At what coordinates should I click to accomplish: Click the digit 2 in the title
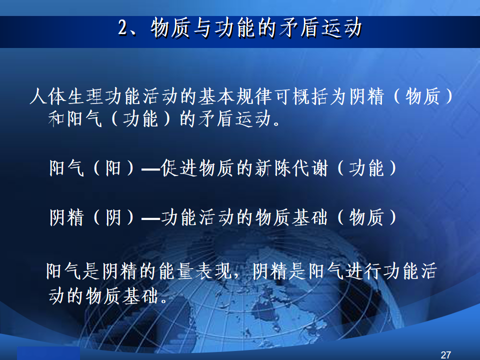(123, 28)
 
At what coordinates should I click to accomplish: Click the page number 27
(445, 355)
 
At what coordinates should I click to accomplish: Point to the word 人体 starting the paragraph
(48, 96)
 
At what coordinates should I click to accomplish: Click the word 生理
(85, 96)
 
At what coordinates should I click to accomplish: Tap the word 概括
(310, 96)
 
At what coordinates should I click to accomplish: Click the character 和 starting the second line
(56, 119)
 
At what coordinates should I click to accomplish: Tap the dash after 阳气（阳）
(151, 168)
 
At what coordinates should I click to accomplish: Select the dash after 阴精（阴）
(151, 218)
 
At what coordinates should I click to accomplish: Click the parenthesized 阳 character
(113, 168)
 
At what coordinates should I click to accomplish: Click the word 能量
(177, 271)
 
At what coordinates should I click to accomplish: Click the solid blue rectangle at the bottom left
(48, 353)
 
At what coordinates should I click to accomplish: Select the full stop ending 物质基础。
(164, 300)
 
